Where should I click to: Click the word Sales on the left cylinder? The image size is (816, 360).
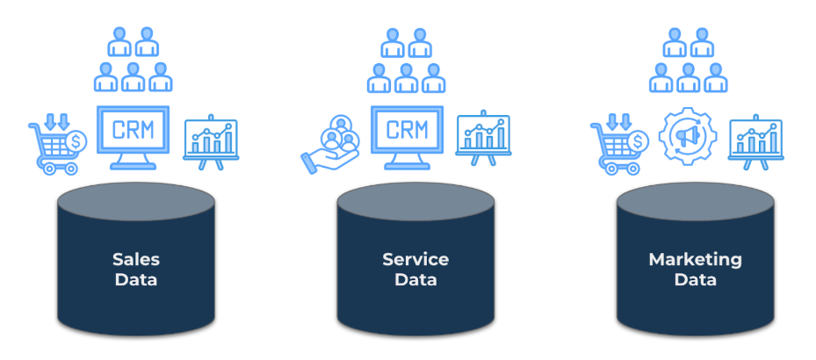click(135, 259)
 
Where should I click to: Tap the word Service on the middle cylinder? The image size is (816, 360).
click(415, 259)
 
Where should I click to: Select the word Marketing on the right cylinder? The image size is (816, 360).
click(695, 259)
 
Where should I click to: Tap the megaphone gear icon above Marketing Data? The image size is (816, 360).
click(686, 136)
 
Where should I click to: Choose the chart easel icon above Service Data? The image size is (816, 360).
click(483, 136)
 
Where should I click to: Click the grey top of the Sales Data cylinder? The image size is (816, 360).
click(135, 201)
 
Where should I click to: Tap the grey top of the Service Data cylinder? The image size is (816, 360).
click(415, 201)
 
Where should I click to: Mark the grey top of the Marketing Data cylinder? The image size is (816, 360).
click(695, 201)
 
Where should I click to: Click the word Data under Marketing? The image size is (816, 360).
click(695, 280)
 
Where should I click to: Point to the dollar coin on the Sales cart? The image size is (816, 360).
click(77, 140)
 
